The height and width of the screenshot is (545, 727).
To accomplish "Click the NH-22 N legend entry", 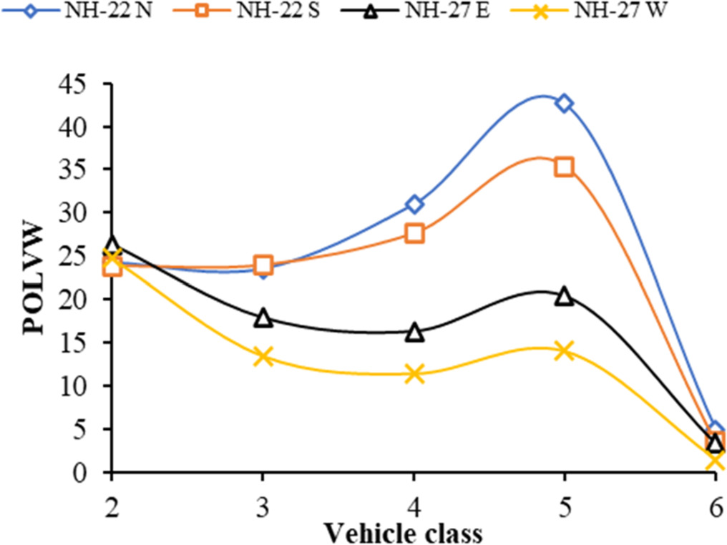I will [x=79, y=12].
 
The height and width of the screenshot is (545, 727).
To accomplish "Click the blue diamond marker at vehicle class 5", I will [x=565, y=103].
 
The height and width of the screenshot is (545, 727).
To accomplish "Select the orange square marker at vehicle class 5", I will [x=565, y=167].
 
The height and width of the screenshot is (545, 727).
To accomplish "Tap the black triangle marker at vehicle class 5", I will [x=565, y=296].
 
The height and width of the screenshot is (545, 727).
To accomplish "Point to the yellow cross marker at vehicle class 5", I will [x=565, y=350].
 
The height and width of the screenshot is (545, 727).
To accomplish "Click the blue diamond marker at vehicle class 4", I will [x=414, y=205].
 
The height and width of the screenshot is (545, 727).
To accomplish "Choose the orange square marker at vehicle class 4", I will [x=414, y=233].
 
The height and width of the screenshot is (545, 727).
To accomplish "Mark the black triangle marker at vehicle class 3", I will [x=263, y=318].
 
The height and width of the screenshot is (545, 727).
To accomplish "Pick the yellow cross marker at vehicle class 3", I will [x=263, y=356].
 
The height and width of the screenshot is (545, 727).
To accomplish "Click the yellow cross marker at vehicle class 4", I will [x=414, y=373].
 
